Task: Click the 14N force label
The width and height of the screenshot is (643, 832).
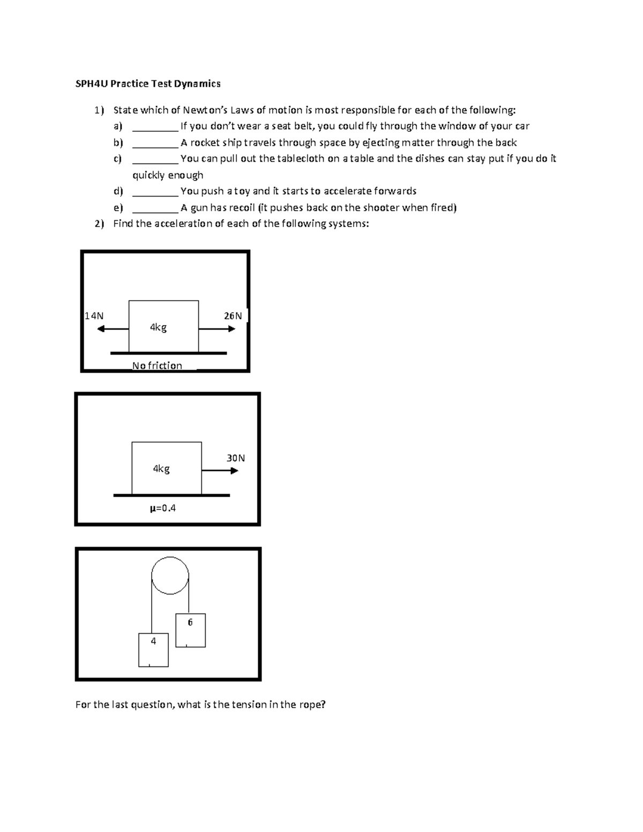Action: (94, 316)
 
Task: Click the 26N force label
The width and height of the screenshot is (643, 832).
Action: (233, 316)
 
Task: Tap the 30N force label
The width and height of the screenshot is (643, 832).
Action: (236, 458)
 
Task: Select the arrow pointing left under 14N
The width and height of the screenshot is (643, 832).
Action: (113, 328)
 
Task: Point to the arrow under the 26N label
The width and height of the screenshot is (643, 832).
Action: (217, 328)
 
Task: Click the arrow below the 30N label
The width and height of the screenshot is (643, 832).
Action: (220, 471)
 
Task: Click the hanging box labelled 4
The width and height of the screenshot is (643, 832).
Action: (153, 650)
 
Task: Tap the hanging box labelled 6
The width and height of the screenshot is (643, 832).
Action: (190, 630)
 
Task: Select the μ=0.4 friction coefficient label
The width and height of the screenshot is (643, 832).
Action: (163, 508)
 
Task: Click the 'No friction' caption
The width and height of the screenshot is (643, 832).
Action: (157, 365)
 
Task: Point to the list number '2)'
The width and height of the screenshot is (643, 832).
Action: (99, 224)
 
